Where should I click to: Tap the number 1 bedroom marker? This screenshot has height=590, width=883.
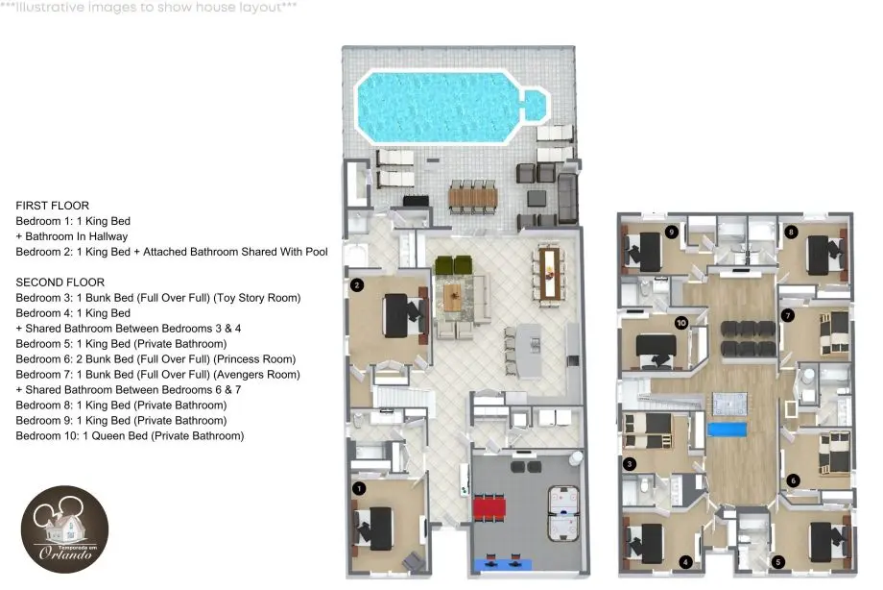359,488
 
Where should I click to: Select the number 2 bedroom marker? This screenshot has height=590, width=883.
357,284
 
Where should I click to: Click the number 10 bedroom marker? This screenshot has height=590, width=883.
681,323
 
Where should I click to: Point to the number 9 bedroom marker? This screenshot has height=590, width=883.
671,232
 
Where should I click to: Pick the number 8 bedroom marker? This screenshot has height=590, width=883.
791,232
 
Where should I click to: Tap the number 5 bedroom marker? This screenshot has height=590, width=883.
778,562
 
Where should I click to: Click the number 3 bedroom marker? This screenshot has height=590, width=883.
630,464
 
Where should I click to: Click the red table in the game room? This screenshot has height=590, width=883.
489,507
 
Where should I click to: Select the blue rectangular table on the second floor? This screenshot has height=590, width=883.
727,430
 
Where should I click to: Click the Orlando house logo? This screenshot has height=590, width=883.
64,529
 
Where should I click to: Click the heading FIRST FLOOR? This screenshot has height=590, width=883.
53,206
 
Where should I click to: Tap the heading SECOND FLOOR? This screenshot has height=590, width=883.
60,283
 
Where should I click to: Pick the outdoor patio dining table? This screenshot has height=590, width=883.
473,197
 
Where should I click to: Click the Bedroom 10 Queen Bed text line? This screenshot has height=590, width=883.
130,436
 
